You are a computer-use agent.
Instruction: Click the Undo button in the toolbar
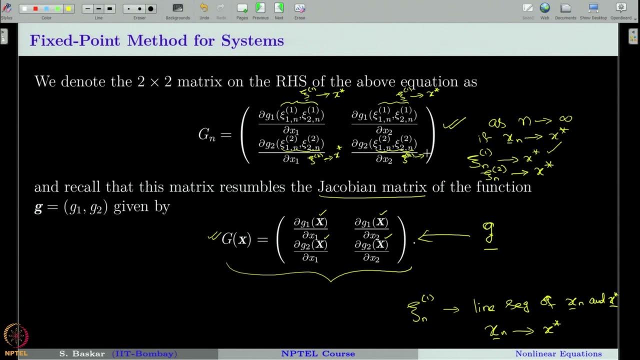pos(204,8)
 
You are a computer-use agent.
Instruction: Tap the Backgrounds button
pos(177,8)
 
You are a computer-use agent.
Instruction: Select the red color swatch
pos(35,8)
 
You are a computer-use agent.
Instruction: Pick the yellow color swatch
pos(68,8)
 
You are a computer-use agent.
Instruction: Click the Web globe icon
pos(544,8)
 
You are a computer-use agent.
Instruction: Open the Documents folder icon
pos(565,8)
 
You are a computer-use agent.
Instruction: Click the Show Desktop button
pos(593,8)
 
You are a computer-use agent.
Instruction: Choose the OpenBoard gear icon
pos(621,8)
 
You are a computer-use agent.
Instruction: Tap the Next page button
pos(279,8)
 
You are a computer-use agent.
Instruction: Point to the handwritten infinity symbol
pos(565,119)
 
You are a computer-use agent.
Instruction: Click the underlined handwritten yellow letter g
pos(488,234)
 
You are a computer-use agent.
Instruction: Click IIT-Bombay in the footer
pos(144,354)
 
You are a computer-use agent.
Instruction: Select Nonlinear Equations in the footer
pos(558,354)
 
